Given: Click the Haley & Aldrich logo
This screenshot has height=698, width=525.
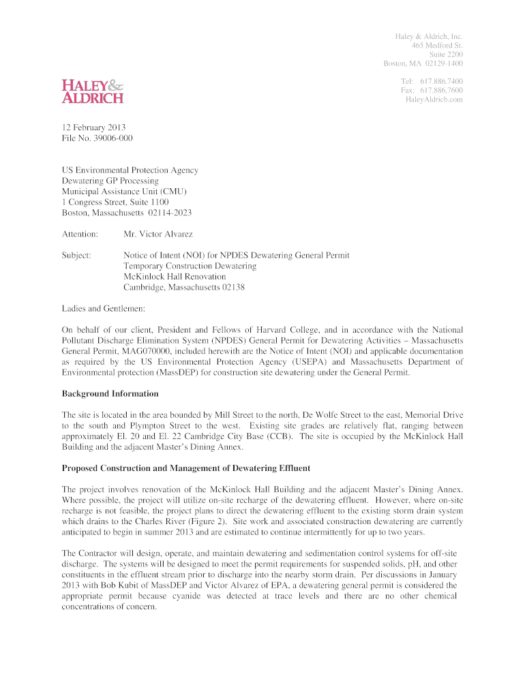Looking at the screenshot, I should coord(93,91).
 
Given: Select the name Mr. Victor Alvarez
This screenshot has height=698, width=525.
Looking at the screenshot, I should coord(158,234).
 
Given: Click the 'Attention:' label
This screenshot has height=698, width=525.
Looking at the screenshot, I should coord(80,234).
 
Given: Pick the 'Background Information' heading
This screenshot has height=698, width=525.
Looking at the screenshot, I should coord(110,394).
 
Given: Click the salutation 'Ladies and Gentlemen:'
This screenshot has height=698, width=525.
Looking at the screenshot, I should coord(104,308).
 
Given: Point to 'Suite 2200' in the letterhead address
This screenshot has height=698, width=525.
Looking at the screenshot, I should coord(446,55).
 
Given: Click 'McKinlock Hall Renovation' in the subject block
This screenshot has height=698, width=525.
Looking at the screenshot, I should coord(175,277).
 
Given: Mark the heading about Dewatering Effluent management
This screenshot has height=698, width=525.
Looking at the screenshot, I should coord(186,468).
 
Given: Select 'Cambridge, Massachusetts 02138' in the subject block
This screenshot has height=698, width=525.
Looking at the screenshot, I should coord(184,288).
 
